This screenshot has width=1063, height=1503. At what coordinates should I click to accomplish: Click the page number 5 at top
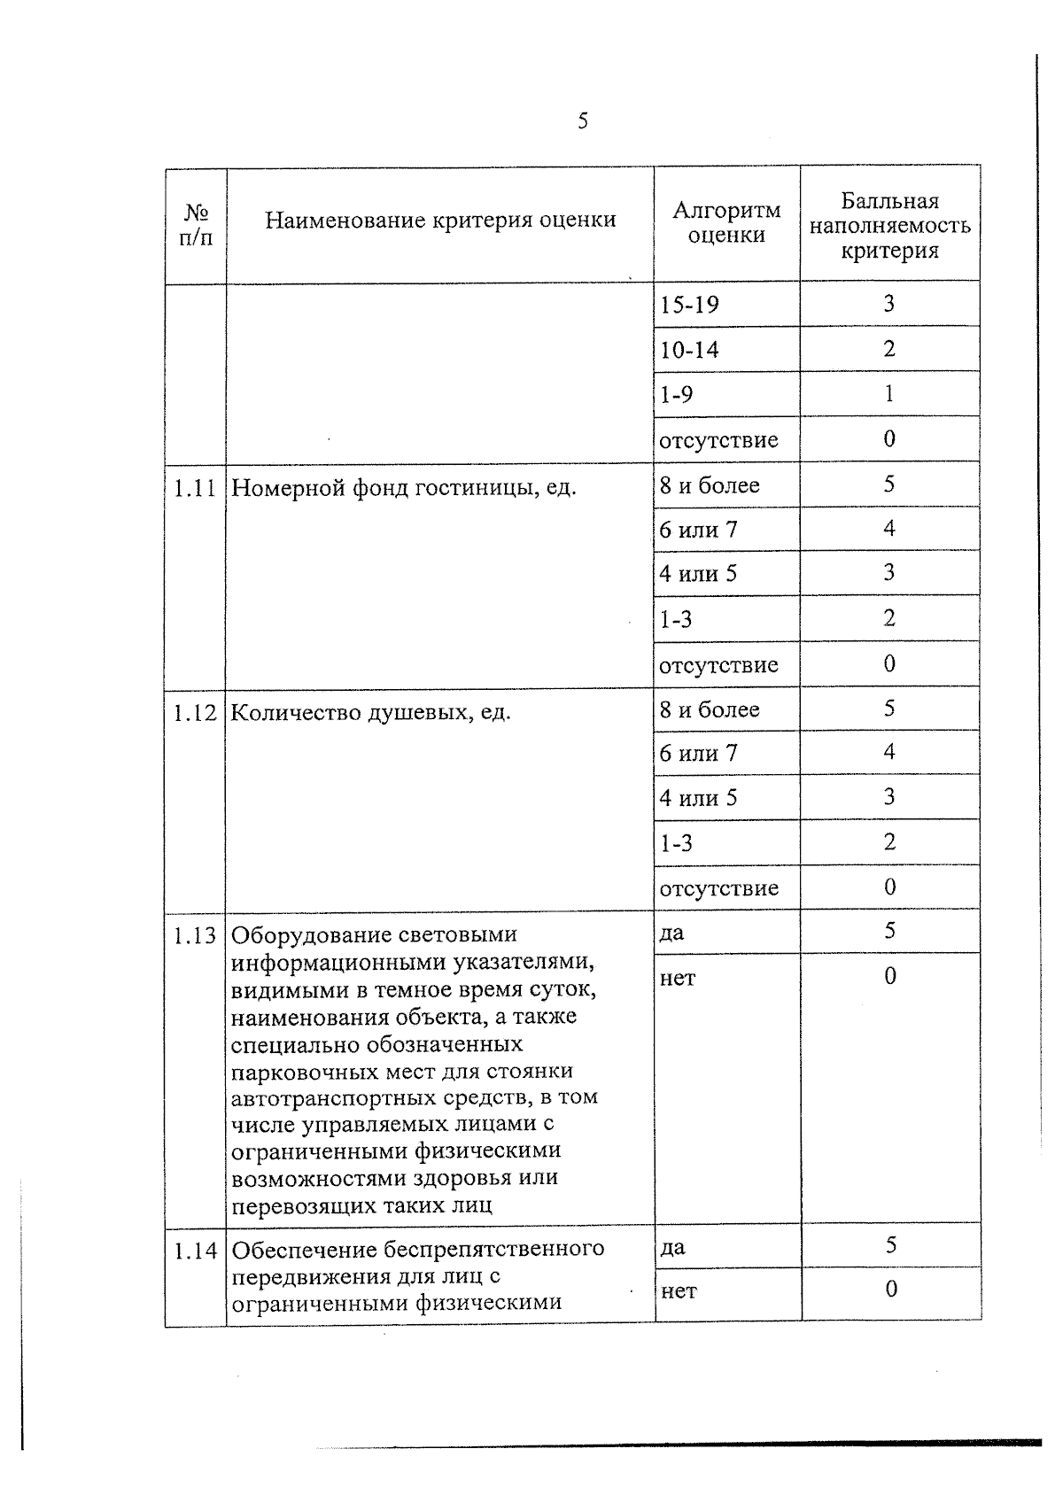(x=582, y=121)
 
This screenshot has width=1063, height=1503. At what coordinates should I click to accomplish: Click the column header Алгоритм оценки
(x=726, y=222)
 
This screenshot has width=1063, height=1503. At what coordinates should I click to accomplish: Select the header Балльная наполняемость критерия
(x=889, y=226)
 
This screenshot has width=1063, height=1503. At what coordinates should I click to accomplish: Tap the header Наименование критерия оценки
(x=440, y=220)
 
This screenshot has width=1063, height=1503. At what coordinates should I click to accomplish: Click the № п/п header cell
(x=196, y=225)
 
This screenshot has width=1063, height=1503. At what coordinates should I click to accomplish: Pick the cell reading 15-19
(x=689, y=305)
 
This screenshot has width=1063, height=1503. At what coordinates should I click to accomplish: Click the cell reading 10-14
(x=689, y=350)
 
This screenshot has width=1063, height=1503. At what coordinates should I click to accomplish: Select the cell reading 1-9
(x=676, y=394)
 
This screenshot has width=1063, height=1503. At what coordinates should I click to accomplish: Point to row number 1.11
(x=195, y=488)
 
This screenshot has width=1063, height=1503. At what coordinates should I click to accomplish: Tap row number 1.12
(x=195, y=713)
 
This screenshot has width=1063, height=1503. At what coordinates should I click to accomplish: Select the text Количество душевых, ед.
(x=370, y=713)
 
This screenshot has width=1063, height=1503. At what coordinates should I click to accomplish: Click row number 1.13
(x=195, y=935)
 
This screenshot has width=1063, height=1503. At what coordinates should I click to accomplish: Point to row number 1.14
(x=195, y=1251)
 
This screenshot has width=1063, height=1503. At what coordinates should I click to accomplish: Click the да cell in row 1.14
(x=672, y=1248)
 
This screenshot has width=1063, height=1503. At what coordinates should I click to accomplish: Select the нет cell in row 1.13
(x=677, y=979)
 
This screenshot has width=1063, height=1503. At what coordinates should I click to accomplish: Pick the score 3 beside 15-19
(x=888, y=304)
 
